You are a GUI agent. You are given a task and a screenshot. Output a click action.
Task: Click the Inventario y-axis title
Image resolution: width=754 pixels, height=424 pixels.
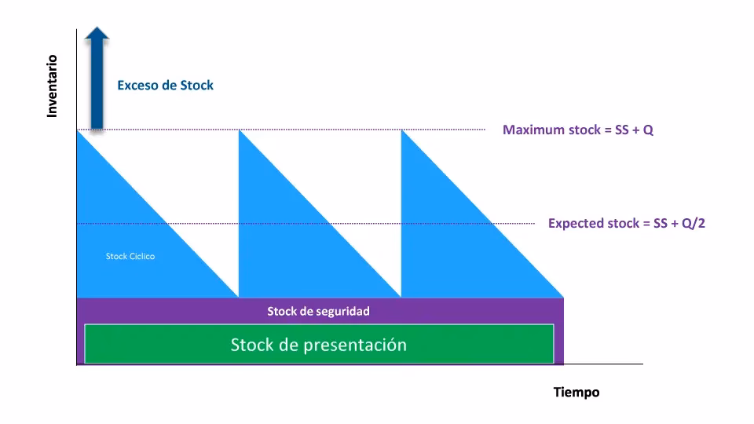click(53, 86)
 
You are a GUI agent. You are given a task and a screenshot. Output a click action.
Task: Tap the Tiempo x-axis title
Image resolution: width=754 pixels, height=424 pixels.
click(576, 392)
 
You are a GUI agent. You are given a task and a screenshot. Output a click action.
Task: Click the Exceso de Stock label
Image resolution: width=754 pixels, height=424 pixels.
click(165, 85)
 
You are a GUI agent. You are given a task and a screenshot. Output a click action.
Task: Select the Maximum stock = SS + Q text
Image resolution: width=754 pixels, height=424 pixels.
click(577, 130)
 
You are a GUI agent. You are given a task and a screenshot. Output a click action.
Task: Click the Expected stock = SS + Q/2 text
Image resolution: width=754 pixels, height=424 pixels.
click(627, 224)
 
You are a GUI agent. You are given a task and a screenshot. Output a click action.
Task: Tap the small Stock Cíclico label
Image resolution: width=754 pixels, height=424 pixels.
click(130, 256)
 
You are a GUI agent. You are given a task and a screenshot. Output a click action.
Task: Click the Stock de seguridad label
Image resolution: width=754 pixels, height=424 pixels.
click(318, 311)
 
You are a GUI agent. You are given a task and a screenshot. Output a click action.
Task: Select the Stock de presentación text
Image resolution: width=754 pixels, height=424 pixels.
click(318, 344)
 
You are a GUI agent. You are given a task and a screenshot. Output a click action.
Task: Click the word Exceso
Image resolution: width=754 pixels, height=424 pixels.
click(137, 85)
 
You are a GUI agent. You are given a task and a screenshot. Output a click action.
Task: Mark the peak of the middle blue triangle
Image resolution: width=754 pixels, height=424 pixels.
click(240, 132)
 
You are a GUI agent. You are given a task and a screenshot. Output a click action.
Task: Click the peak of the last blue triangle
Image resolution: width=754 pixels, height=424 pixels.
click(402, 132)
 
